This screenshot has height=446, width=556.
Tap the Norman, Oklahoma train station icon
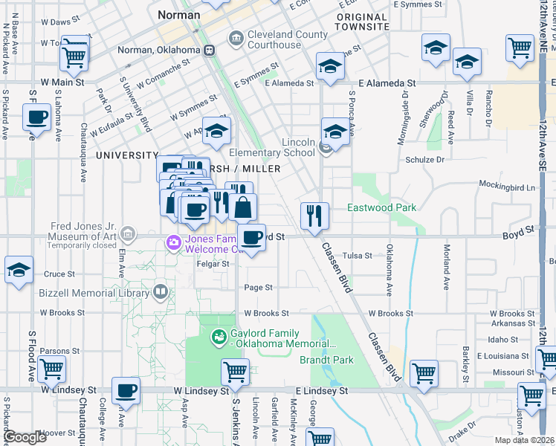pos(210,51)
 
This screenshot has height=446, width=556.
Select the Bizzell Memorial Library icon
pos(159,291)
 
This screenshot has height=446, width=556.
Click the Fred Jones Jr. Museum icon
pos(130,235)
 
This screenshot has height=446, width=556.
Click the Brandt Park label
pos(326,360)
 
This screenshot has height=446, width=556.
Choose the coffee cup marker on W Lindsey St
pos(126,391)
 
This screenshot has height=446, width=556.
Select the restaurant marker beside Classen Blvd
pos(314,215)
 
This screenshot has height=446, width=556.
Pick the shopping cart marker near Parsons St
pos(51,368)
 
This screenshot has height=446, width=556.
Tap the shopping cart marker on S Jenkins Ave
pos(235,371)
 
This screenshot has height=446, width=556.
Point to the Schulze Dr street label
pos(424,159)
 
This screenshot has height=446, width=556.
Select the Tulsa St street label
pos(358,255)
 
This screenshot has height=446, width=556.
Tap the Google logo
pos(24,437)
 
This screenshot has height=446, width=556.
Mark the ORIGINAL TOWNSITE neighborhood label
pos(362,22)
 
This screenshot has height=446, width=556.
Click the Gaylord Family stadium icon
pos(218,338)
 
